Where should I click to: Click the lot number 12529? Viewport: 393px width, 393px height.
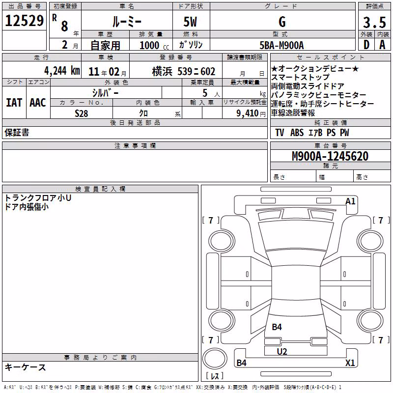click(24, 21)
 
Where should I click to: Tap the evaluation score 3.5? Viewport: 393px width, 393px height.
click(374, 22)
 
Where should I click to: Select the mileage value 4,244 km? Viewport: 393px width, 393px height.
click(62, 71)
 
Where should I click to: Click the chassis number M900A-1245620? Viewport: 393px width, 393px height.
click(330, 156)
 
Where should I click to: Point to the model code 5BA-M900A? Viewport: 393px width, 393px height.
click(281, 45)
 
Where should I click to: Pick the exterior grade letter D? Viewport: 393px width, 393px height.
click(366, 45)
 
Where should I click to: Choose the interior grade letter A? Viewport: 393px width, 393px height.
click(382, 45)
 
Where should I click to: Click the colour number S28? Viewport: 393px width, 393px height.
click(81, 113)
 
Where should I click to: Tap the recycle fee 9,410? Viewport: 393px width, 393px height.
click(248, 113)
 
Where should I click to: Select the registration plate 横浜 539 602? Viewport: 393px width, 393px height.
click(184, 72)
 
